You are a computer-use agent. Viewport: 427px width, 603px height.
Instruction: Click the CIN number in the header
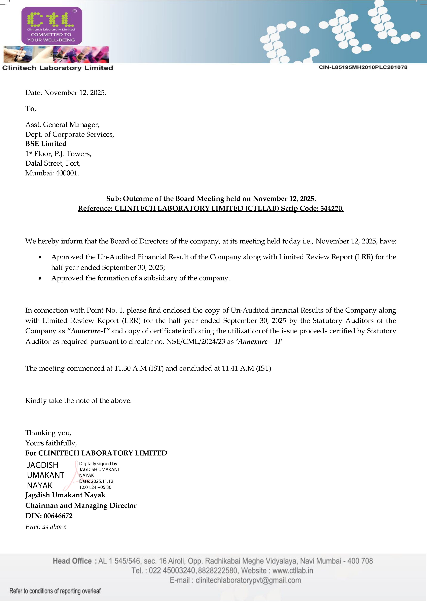[x=363, y=67]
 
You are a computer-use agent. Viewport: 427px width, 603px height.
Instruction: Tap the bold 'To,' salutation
[x=31, y=109]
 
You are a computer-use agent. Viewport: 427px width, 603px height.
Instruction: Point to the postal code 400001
[x=67, y=173]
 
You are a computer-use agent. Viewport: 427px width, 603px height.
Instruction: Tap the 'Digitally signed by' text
[x=98, y=463]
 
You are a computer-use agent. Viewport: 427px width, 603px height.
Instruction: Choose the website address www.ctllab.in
[x=292, y=570]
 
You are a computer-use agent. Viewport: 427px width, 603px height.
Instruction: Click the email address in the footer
[x=248, y=580]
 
